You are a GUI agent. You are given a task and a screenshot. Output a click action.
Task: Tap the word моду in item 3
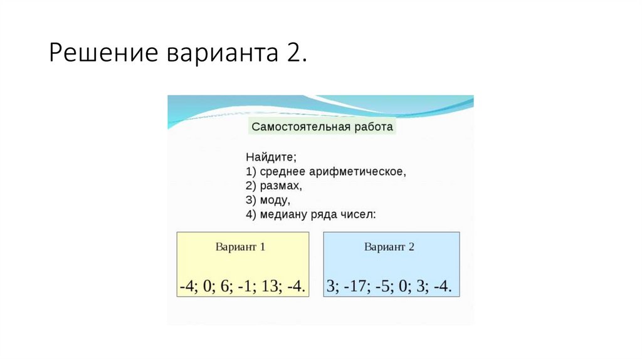tap(274, 200)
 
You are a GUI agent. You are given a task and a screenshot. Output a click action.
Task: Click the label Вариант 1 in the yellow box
tap(241, 246)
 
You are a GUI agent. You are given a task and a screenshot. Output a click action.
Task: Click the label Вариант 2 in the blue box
tap(389, 246)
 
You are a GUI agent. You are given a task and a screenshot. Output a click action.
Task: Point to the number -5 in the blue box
tap(383, 286)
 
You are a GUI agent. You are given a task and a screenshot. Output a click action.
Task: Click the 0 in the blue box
tap(403, 286)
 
